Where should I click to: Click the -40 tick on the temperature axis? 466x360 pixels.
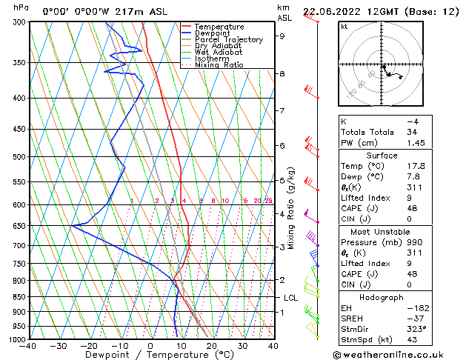[x=29, y=346]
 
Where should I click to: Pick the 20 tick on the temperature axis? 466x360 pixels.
[x=211, y=346]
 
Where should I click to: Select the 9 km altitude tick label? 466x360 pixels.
[x=282, y=36]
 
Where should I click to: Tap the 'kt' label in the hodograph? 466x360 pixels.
[x=344, y=26]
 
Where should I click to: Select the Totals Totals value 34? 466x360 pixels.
[x=411, y=131]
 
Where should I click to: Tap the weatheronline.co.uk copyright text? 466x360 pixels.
[x=401, y=354]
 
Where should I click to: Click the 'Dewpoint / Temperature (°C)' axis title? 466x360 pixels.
[x=151, y=355]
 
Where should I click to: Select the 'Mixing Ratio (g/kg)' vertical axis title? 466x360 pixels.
[x=292, y=207]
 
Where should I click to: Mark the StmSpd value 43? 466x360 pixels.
[x=411, y=340]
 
